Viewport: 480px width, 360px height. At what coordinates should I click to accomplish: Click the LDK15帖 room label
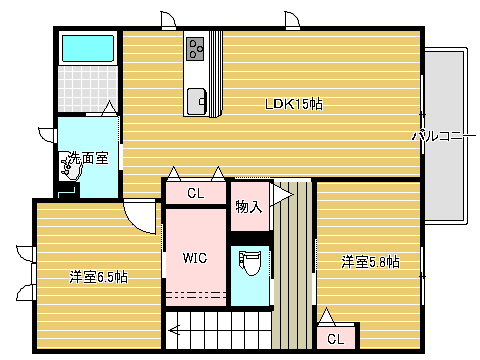(294, 104)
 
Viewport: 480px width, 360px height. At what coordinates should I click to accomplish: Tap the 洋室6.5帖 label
(98, 277)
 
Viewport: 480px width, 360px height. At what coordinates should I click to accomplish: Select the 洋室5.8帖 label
(370, 262)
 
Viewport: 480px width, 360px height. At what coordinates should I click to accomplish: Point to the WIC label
(195, 258)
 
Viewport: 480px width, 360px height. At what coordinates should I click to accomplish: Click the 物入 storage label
(249, 207)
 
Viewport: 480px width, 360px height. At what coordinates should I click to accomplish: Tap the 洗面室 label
(88, 158)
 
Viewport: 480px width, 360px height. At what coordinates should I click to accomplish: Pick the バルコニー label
(444, 136)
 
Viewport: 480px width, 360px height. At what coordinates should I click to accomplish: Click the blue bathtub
(88, 49)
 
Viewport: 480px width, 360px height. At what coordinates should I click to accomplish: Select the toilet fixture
(249, 263)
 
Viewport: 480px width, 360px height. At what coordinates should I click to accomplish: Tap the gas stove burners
(195, 49)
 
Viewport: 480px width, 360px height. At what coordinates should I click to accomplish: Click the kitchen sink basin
(196, 101)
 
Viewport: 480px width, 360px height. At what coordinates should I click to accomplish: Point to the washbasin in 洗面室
(70, 166)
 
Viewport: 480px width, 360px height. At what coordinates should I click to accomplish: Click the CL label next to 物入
(196, 193)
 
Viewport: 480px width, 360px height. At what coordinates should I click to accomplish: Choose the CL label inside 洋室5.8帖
(335, 339)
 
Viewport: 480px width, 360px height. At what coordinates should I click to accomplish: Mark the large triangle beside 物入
(282, 195)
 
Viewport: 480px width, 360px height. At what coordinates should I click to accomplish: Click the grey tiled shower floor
(88, 88)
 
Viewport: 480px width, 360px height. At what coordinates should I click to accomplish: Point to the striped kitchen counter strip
(216, 74)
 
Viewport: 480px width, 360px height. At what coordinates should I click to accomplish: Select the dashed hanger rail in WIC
(196, 295)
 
